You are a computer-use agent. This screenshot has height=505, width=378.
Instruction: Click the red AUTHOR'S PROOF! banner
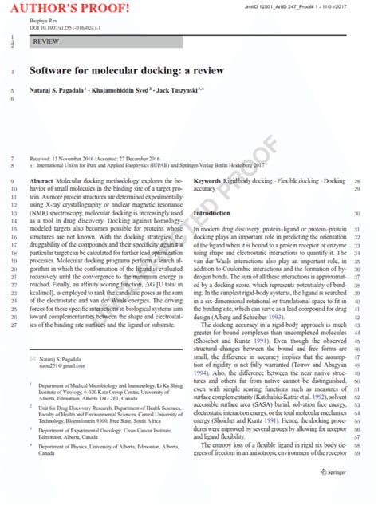61,9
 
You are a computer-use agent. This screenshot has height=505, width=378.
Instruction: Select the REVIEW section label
45,41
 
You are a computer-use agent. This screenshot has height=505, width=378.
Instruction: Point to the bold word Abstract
43,181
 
